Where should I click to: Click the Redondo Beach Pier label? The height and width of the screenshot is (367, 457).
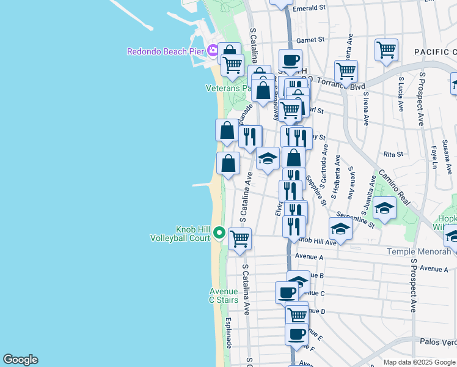(165, 51)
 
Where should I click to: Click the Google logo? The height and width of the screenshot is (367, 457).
(20, 360)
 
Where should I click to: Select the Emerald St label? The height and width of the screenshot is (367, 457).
(309, 8)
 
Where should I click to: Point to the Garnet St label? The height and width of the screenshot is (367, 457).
(310, 40)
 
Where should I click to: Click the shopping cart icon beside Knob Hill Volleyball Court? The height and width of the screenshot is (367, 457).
(240, 238)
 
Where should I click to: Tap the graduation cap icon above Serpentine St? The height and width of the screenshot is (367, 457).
(384, 208)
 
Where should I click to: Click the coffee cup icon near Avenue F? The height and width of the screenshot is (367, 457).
(297, 334)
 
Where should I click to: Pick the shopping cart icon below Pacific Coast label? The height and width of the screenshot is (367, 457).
(387, 50)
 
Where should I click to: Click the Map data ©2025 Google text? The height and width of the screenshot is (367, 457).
(420, 362)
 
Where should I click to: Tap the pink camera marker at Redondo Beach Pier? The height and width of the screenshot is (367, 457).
(212, 50)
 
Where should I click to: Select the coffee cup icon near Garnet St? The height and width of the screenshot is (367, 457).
(290, 60)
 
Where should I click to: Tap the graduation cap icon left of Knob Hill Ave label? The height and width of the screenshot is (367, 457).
(341, 229)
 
